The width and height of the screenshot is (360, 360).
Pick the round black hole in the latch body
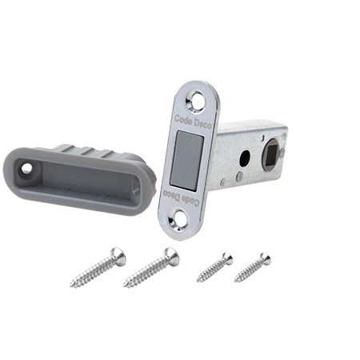[244, 158]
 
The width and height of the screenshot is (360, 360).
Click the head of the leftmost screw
[117, 254]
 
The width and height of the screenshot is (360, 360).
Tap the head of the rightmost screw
[264, 258]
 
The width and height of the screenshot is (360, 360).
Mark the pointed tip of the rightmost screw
[235, 282]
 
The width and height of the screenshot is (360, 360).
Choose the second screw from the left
[150, 268]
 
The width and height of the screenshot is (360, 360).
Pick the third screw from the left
[214, 268]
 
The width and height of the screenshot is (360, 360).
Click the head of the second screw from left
[170, 255]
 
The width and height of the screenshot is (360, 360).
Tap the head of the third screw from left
[227, 258]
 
